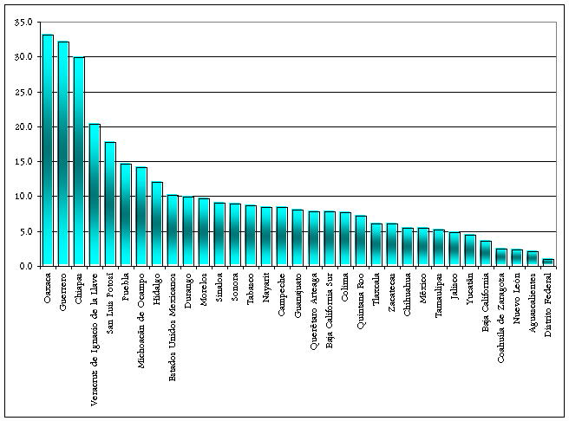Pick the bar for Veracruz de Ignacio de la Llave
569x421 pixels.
pos(94,195)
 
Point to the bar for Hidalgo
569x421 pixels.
pos(156,224)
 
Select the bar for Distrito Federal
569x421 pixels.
pos(547,262)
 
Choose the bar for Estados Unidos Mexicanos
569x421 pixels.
pos(172,230)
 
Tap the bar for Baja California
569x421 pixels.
pos(485,254)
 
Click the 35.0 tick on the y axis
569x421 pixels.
pos(24,22)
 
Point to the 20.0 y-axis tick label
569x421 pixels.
pos(24,126)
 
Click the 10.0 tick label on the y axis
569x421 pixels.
pos(24,197)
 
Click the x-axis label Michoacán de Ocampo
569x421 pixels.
pos(141,317)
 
